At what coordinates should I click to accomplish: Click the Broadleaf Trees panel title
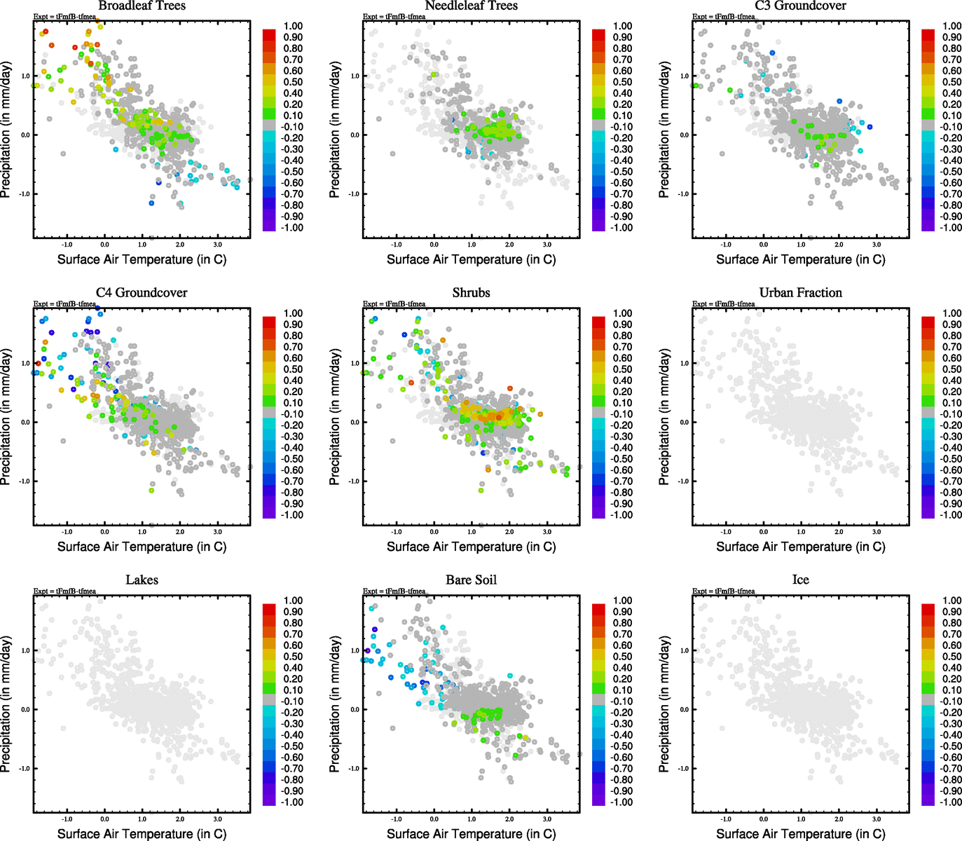tap(142, 6)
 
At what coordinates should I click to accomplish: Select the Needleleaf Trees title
tap(471, 6)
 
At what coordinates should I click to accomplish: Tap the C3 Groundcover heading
tap(800, 6)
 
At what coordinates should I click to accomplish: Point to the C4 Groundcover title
tap(142, 293)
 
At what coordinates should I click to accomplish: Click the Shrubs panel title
tap(471, 293)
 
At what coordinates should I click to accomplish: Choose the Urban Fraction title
tap(800, 293)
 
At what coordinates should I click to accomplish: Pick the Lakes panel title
tap(142, 580)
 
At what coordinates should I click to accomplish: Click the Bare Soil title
tap(471, 580)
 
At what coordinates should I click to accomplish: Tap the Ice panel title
tap(800, 580)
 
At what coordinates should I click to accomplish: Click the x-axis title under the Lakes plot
tap(142, 834)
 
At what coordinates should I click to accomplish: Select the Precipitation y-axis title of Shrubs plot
tap(335, 417)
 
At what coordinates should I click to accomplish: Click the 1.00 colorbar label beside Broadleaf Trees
tap(293, 26)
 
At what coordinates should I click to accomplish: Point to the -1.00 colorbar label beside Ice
tap(951, 802)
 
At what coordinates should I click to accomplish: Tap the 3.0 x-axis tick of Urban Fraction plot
tap(877, 532)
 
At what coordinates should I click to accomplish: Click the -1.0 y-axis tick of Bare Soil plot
tap(355, 769)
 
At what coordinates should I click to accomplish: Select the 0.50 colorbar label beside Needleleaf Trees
tap(622, 82)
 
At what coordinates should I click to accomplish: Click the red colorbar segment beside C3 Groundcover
tap(928, 35)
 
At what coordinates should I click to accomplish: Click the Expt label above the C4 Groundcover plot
tap(64, 304)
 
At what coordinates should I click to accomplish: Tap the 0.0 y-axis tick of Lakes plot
tap(26, 710)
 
